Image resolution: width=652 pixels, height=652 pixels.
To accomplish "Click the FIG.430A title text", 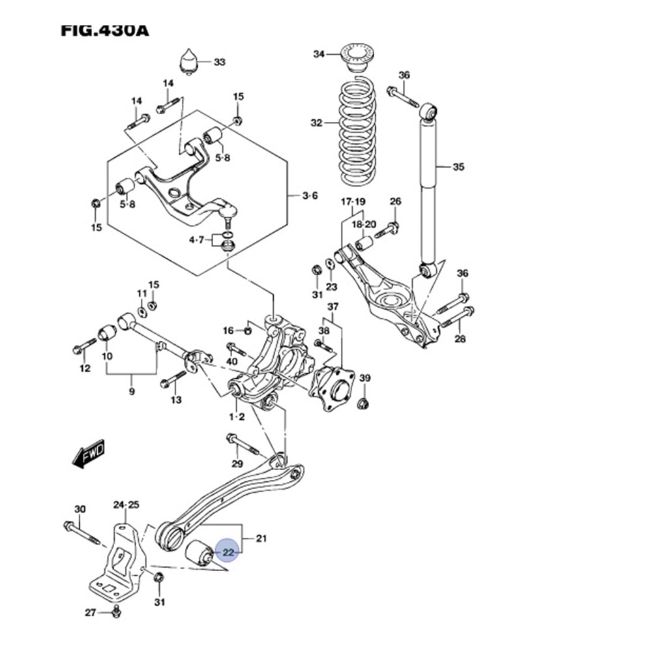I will point(104,30).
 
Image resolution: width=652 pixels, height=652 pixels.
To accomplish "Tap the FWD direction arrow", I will point(89,454).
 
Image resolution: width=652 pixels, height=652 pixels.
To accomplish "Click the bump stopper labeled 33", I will point(189,61).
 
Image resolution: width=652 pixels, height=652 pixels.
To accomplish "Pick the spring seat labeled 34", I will point(357,56).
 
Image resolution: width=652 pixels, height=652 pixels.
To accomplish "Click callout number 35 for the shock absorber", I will point(458,167).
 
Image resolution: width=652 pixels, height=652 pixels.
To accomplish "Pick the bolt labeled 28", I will point(457,318).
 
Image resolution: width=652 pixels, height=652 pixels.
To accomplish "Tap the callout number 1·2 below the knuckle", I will point(236,417).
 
